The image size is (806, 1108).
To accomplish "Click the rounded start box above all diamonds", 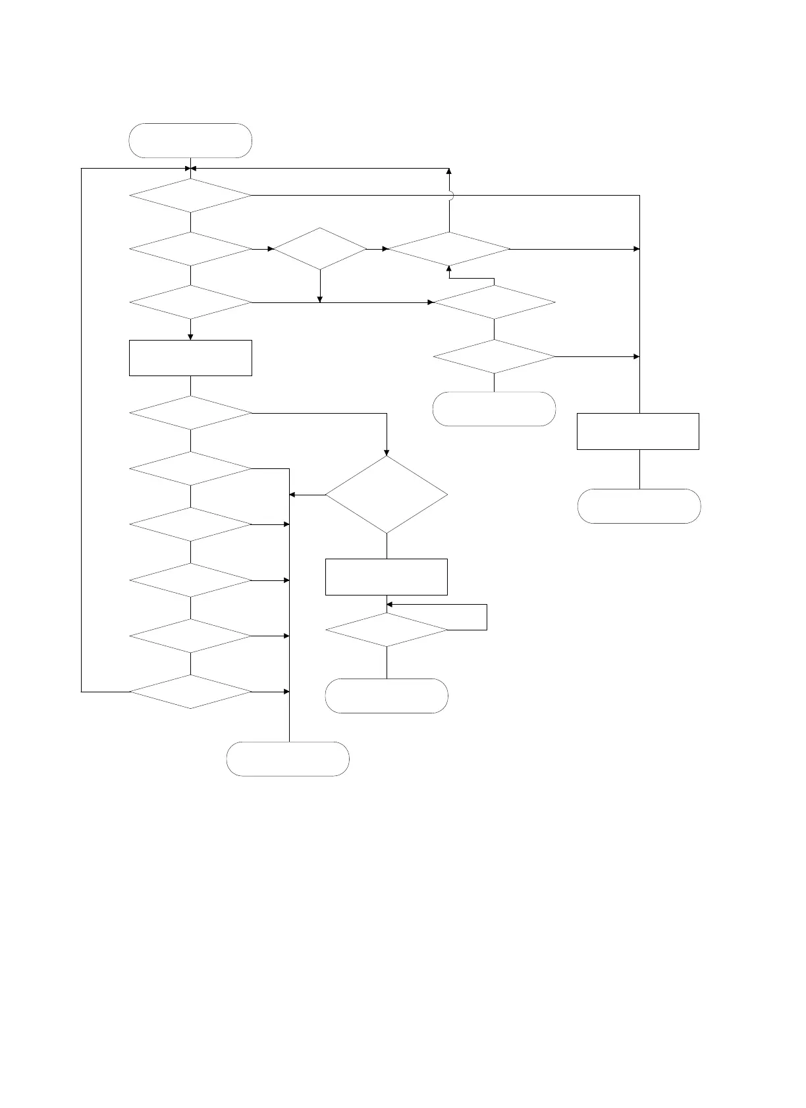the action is pos(191,140).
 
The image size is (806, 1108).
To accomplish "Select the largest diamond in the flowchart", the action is pos(387,495).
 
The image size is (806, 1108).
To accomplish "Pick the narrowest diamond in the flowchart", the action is pos(320,249).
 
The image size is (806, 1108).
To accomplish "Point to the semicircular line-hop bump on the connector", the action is pos(450,195).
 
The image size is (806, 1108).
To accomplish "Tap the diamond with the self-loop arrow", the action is pos(387,630).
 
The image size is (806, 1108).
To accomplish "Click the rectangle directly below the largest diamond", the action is pos(387,577).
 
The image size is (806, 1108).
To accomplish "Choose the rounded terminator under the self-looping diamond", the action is pos(387,696).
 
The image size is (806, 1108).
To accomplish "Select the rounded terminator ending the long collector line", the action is pos(288,759).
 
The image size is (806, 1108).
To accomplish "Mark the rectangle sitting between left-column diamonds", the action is pos(191,358).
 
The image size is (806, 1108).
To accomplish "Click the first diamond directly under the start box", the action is pos(191,196).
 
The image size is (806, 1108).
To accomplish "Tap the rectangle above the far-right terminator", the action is pos(637,431).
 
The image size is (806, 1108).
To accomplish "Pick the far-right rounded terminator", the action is pos(639,506).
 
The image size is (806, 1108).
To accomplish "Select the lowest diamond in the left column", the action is pos(191,692).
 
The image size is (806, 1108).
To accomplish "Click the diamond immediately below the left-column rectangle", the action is pos(191,413).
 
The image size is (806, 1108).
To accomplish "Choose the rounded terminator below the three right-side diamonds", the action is pos(494,409).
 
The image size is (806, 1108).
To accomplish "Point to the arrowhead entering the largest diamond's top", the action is pos(387,453).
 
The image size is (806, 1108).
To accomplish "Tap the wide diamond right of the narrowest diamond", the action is pos(450,249).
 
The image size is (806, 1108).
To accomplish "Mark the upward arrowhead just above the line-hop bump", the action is pos(450,171).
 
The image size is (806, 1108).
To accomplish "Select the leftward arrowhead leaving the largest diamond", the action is pos(292,495).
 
